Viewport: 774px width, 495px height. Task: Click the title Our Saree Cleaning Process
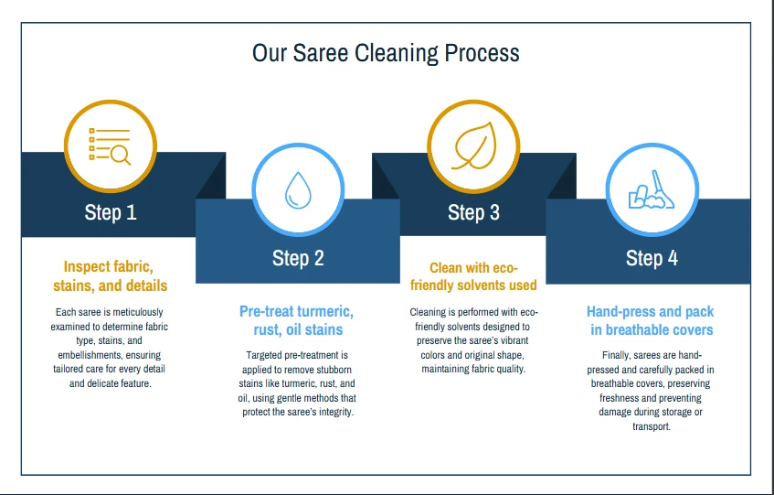click(x=386, y=53)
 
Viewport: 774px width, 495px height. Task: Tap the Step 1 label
click(x=111, y=213)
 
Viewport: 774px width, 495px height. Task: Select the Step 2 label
click(x=298, y=259)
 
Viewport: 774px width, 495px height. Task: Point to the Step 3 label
click(x=473, y=213)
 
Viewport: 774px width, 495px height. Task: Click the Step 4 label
click(x=652, y=259)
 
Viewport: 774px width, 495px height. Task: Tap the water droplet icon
click(x=298, y=191)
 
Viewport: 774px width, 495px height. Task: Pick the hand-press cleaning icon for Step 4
click(x=652, y=189)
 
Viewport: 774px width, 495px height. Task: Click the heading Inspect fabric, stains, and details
click(x=110, y=276)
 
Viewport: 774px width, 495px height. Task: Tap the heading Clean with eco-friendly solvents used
click(x=473, y=276)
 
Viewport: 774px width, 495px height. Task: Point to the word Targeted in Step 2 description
click(x=265, y=355)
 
